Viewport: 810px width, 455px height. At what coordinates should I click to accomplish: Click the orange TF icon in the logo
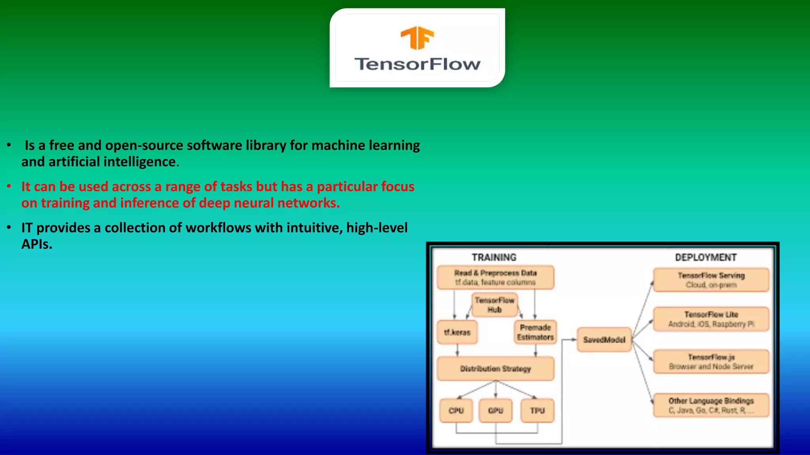click(417, 38)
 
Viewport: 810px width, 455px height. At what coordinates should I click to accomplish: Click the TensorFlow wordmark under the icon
click(417, 64)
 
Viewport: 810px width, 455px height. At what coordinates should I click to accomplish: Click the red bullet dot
click(9, 186)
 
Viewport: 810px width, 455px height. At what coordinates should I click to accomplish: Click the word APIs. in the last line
click(37, 244)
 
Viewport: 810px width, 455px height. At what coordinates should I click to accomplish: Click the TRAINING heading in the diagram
click(494, 258)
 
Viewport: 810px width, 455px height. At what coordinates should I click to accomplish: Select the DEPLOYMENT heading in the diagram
click(706, 258)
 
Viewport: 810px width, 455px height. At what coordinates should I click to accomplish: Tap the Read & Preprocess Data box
click(495, 277)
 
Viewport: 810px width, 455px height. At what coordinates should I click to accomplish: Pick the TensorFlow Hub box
click(494, 305)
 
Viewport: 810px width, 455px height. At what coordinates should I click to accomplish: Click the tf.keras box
click(457, 333)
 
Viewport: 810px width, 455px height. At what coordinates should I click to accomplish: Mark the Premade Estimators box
click(535, 333)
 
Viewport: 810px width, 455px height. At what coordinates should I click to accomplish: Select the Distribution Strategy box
click(495, 369)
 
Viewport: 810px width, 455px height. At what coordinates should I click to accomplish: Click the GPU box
click(496, 411)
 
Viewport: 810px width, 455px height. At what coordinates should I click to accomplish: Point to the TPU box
click(537, 411)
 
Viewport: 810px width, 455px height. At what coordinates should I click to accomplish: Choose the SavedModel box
click(604, 340)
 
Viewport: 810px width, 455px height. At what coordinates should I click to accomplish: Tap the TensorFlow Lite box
click(711, 319)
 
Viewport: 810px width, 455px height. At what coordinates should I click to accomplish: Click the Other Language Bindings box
click(711, 405)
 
